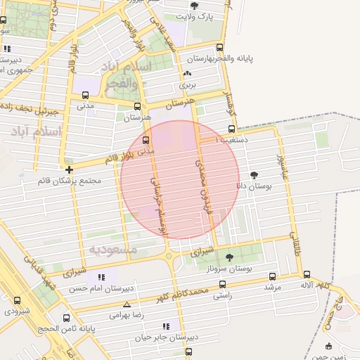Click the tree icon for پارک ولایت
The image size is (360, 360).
click(x=194, y=6)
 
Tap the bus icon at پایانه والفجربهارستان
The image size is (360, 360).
click(x=220, y=48)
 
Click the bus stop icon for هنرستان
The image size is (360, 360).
click(x=136, y=107)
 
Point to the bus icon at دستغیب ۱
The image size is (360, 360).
click(x=232, y=129)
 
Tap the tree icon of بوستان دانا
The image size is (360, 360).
click(x=254, y=175)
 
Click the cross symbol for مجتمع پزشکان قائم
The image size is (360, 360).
click(x=69, y=169)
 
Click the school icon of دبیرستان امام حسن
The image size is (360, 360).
click(x=101, y=278)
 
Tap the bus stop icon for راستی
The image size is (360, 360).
click(x=222, y=285)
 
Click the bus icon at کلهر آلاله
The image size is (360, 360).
click(x=307, y=274)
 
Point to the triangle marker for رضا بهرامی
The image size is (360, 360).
click(x=127, y=304)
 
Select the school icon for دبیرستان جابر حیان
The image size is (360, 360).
click(x=166, y=326)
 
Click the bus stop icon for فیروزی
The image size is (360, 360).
click(x=17, y=301)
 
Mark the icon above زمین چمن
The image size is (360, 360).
click(x=328, y=345)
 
